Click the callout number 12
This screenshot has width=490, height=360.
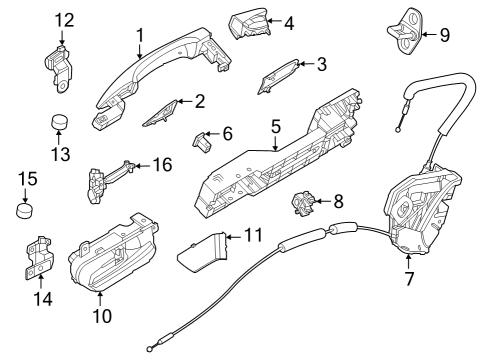[x=64, y=20]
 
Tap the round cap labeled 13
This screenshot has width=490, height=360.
[x=59, y=122]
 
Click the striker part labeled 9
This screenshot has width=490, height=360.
[x=406, y=32]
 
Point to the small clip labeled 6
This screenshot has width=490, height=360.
[x=202, y=141]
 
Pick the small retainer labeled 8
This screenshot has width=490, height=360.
[x=303, y=203]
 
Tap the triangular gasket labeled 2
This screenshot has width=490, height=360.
[x=161, y=114]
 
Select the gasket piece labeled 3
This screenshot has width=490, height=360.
[x=277, y=76]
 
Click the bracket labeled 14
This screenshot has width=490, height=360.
[x=39, y=258]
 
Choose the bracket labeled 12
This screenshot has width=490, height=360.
[x=59, y=68]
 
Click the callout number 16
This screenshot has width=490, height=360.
[x=162, y=165]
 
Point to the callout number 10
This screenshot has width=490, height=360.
[x=102, y=316]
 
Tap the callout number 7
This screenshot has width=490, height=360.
[x=409, y=279]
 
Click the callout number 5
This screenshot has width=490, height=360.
[x=276, y=127]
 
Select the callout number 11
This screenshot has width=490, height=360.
[x=253, y=235]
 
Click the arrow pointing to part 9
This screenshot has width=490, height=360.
[x=429, y=34]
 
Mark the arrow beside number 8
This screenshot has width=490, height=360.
[x=322, y=201]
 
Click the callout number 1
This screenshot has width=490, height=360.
[x=141, y=35]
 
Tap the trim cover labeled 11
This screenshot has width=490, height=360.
[x=202, y=252]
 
